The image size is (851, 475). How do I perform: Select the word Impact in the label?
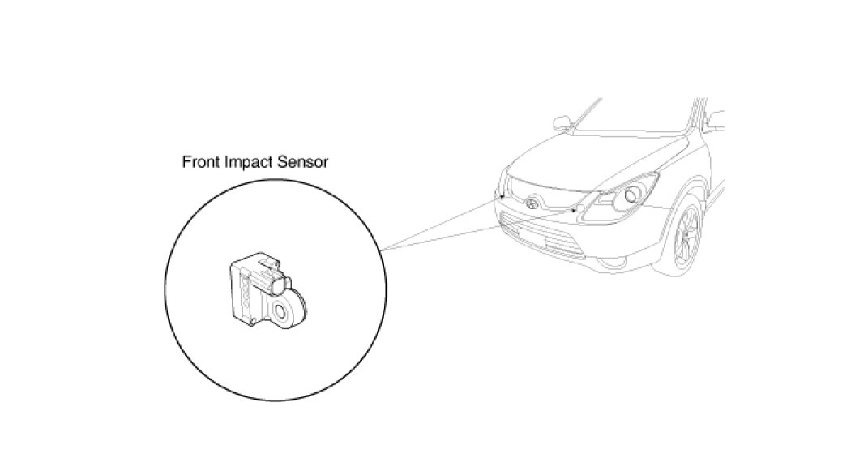pos(248,162)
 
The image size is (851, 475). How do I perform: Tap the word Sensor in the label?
pos(303,162)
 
